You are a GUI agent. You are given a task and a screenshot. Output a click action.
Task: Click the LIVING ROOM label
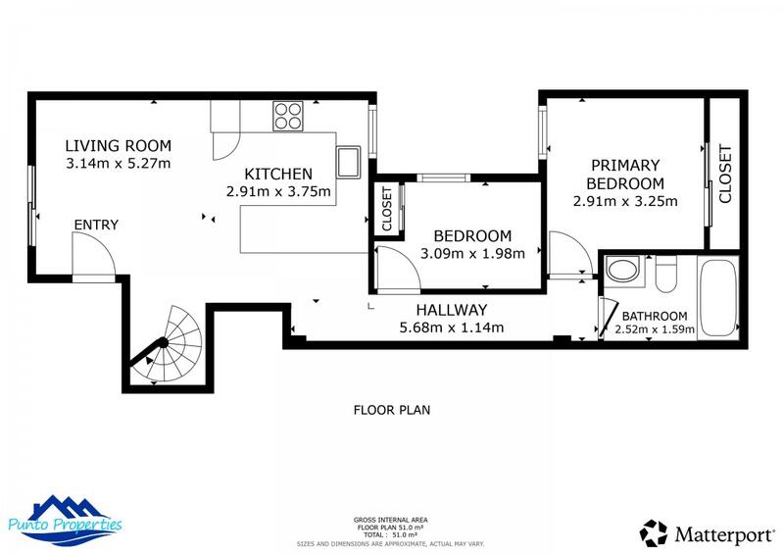point(119,146)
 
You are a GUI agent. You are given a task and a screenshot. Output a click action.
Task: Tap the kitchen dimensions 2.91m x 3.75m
point(278,191)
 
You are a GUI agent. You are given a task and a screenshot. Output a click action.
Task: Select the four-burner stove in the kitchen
point(288,116)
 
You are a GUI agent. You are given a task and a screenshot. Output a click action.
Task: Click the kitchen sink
point(349,162)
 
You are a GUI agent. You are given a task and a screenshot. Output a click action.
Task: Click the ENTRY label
point(96,225)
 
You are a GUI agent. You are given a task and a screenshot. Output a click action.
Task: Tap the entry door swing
point(94,255)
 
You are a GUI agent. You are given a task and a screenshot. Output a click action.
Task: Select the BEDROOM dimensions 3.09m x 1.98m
point(472,254)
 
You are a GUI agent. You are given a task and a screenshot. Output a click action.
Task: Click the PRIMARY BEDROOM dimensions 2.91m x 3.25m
point(625,201)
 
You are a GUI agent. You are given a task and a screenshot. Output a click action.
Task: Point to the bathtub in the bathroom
point(718,297)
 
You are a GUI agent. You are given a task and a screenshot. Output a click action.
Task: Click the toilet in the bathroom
point(666,275)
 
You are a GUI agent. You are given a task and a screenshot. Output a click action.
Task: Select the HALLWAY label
point(452,310)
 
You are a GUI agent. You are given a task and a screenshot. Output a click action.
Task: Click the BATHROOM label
point(655,317)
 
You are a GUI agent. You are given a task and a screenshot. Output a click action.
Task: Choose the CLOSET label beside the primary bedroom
point(725,174)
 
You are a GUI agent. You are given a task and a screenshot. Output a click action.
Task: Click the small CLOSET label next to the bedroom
point(386,209)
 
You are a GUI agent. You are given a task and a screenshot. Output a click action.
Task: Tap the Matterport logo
point(707,533)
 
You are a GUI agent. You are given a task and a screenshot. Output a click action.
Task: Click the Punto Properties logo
point(65,521)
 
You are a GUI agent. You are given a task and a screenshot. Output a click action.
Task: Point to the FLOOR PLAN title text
point(392,410)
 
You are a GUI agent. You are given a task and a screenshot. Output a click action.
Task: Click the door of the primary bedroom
point(570,254)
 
